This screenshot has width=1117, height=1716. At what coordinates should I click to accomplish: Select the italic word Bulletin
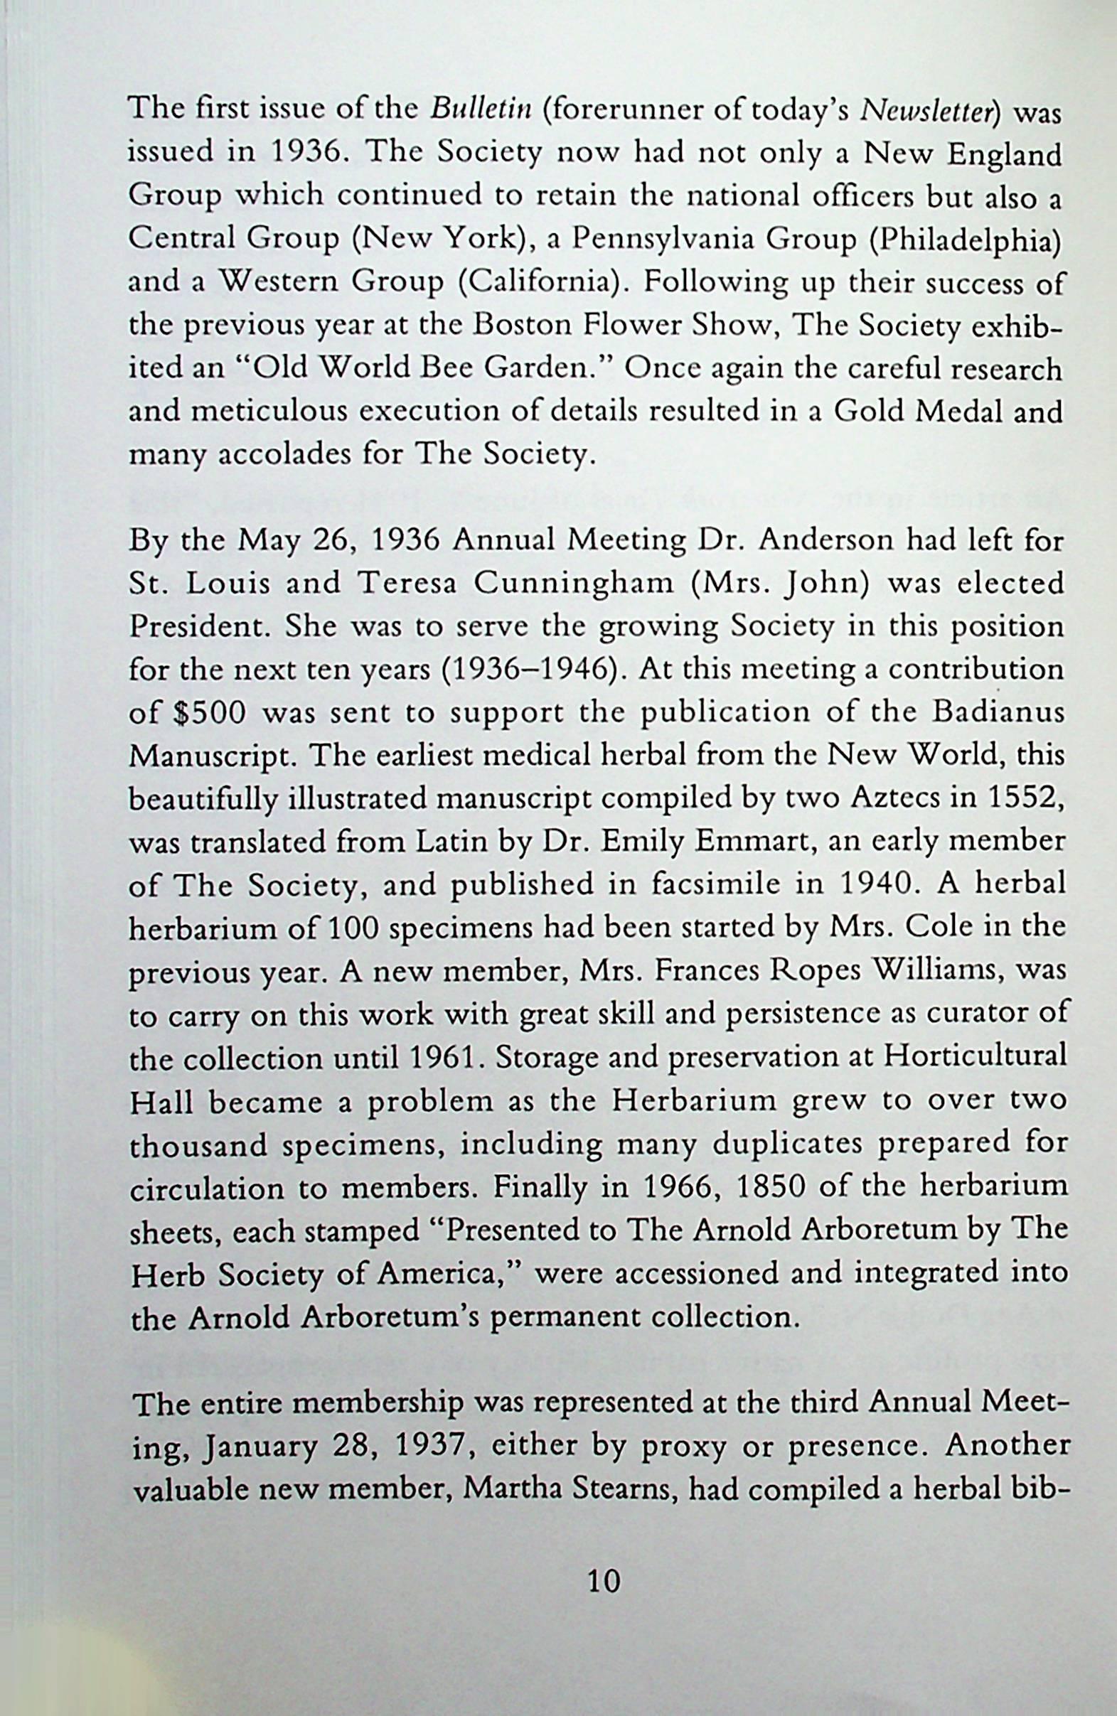(x=481, y=109)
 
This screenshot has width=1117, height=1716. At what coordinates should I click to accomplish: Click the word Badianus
(x=998, y=713)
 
